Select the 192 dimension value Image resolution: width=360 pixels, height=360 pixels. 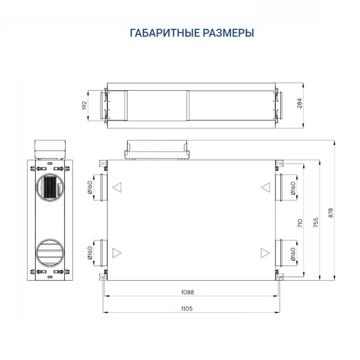pyautogui.click(x=85, y=105)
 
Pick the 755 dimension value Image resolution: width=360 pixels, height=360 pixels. pyautogui.click(x=316, y=222)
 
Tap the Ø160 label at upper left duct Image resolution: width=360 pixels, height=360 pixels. pyautogui.click(x=90, y=189)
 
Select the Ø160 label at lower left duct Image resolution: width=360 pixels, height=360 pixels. pyautogui.click(x=90, y=254)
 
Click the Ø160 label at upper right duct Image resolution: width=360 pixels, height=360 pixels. pyautogui.click(x=293, y=189)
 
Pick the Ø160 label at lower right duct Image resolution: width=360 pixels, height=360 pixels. pyautogui.click(x=293, y=254)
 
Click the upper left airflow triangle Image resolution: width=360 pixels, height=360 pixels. pyautogui.click(x=117, y=187)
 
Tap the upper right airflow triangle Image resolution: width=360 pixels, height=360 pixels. pyautogui.click(x=265, y=187)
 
